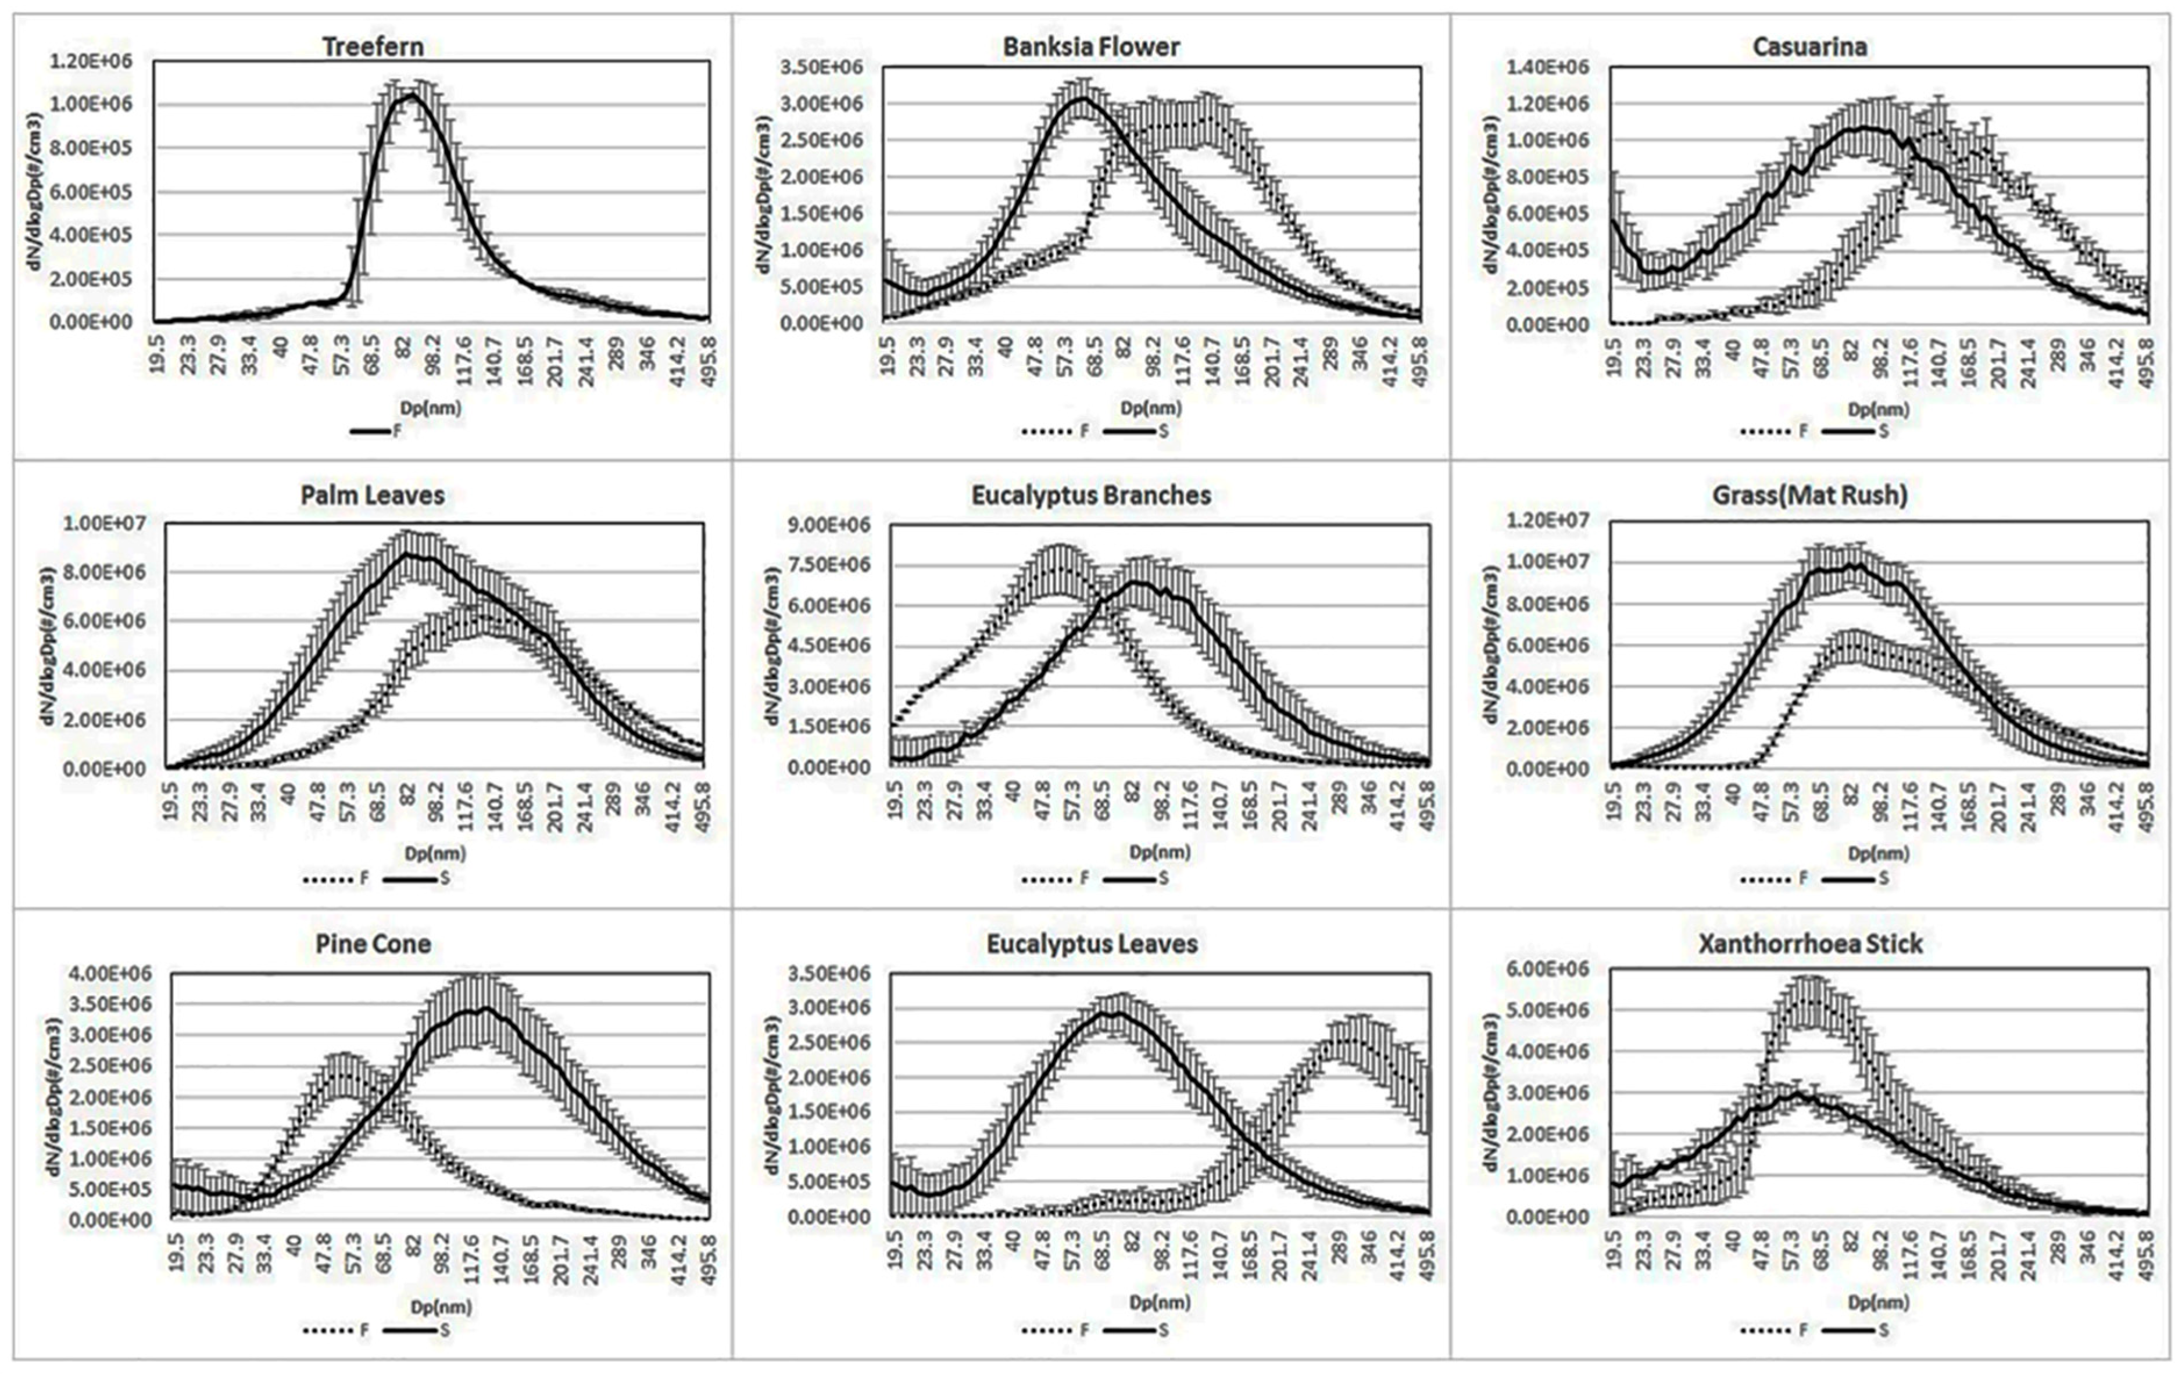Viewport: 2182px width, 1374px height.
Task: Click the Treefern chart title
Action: [373, 46]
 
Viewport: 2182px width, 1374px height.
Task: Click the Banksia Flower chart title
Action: [1091, 47]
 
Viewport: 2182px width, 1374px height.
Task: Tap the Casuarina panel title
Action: [1809, 47]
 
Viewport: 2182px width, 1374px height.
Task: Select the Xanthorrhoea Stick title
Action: [1809, 943]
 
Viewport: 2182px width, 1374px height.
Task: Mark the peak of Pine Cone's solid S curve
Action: [486, 1008]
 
